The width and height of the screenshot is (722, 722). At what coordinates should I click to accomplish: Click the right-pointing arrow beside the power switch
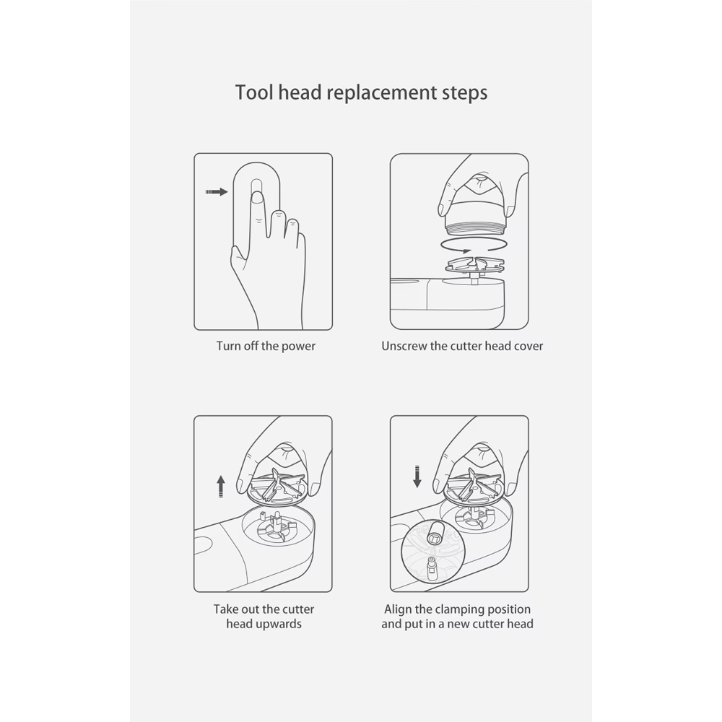click(x=217, y=191)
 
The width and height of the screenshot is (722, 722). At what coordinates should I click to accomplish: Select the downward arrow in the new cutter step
click(x=417, y=477)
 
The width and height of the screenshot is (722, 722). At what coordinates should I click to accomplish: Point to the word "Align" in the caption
click(x=398, y=609)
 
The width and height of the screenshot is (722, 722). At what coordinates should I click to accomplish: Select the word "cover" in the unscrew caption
click(x=529, y=347)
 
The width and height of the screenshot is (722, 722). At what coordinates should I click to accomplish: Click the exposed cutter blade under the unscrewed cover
click(x=475, y=265)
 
